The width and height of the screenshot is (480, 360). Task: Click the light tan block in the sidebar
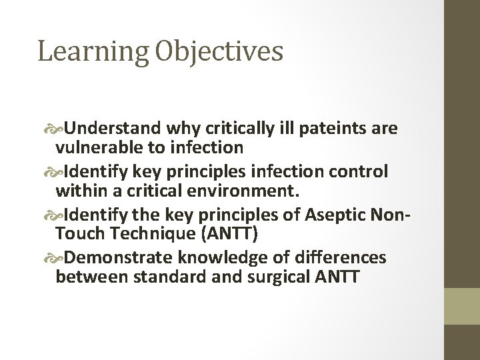click(x=462, y=307)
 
